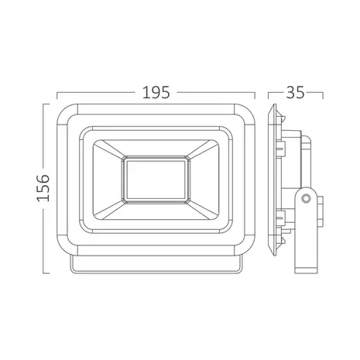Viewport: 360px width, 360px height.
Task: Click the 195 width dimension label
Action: [156, 92]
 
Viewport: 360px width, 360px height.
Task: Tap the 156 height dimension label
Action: [43, 188]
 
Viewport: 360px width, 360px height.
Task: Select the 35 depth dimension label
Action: [295, 92]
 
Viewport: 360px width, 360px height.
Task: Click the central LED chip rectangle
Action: [156, 180]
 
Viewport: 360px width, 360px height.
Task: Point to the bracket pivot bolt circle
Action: [306, 198]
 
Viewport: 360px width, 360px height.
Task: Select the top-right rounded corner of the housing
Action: [245, 115]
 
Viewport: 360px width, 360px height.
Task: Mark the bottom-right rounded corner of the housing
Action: [245, 245]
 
